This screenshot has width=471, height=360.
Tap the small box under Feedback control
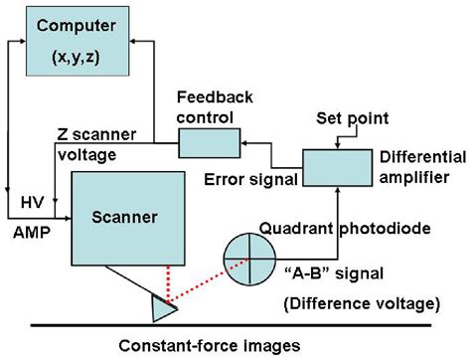click(x=205, y=146)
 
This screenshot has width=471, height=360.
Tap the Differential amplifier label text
click(x=418, y=166)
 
